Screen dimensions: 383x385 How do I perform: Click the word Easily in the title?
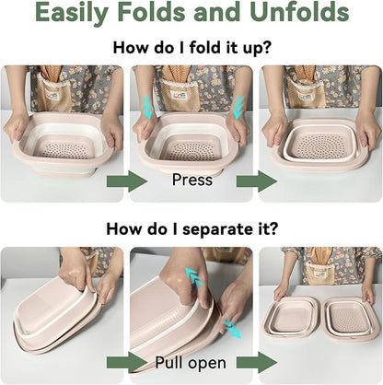(x=72, y=13)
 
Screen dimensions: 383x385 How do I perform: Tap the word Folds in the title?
(x=152, y=12)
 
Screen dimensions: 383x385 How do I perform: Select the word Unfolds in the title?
(x=299, y=12)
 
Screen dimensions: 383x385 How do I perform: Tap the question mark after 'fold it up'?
(x=267, y=47)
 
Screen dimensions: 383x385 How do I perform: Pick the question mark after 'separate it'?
(x=273, y=228)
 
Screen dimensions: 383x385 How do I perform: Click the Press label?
(x=192, y=180)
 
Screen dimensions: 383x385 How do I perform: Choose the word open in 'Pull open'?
(x=207, y=364)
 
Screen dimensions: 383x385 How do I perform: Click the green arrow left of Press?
(x=127, y=181)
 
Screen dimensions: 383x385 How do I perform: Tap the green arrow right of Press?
(x=257, y=181)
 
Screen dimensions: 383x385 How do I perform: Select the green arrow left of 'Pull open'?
(x=127, y=363)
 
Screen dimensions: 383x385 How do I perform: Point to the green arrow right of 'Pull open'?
(x=257, y=363)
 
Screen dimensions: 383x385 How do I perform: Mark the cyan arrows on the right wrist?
(x=238, y=107)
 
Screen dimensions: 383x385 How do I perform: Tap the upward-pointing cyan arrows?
(x=194, y=277)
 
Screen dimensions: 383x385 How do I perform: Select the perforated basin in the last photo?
(x=349, y=319)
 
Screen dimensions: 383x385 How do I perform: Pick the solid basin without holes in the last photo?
(x=289, y=317)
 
